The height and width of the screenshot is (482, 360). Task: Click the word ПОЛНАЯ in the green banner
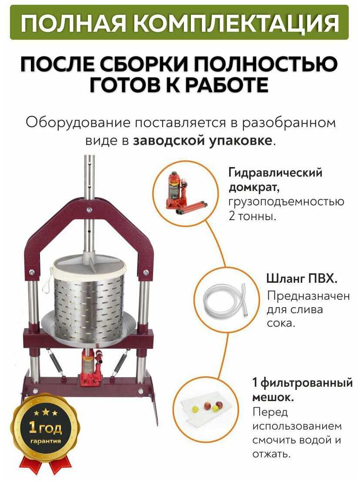pos(73,23)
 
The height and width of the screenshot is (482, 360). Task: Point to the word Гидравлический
pos(275,173)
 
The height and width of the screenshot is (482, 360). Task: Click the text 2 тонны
pos(252,216)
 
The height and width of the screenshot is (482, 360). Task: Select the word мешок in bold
pos(272,397)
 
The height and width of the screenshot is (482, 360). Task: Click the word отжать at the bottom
pos(271,454)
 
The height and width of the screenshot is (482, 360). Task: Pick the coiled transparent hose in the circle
pos(226,303)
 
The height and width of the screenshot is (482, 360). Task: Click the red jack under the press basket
pos(91,367)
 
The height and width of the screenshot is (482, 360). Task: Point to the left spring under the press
pos(56,364)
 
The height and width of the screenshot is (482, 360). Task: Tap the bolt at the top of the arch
pos(90,210)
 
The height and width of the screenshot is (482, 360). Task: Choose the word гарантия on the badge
pos(46,441)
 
